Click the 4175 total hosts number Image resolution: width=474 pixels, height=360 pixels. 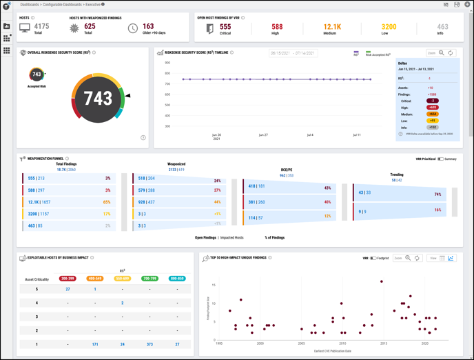click(x=42, y=26)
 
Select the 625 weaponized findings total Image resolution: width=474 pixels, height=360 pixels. click(x=90, y=26)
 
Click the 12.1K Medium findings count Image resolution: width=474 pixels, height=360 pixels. click(x=332, y=27)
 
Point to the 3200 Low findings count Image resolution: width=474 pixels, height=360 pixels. click(x=389, y=27)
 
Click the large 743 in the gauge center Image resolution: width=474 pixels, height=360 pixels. click(x=98, y=99)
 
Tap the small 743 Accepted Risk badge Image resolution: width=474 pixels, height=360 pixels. click(x=37, y=74)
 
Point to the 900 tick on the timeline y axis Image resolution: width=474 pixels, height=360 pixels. click(x=167, y=63)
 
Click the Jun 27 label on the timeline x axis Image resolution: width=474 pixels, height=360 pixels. click(x=263, y=135)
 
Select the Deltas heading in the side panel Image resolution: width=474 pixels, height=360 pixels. click(x=406, y=63)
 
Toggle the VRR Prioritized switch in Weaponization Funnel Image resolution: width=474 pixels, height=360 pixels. click(x=440, y=159)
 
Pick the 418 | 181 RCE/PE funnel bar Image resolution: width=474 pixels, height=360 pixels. click(x=256, y=186)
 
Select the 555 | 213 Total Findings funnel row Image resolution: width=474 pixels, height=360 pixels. click(x=37, y=178)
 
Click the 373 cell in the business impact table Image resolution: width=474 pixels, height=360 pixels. click(x=150, y=344)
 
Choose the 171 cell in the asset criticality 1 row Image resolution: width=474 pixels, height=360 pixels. click(x=95, y=344)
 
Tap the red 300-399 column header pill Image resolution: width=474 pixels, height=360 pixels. click(x=68, y=278)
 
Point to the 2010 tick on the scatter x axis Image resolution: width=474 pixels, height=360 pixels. click(x=342, y=343)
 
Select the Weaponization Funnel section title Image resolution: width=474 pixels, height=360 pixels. click(x=46, y=159)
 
